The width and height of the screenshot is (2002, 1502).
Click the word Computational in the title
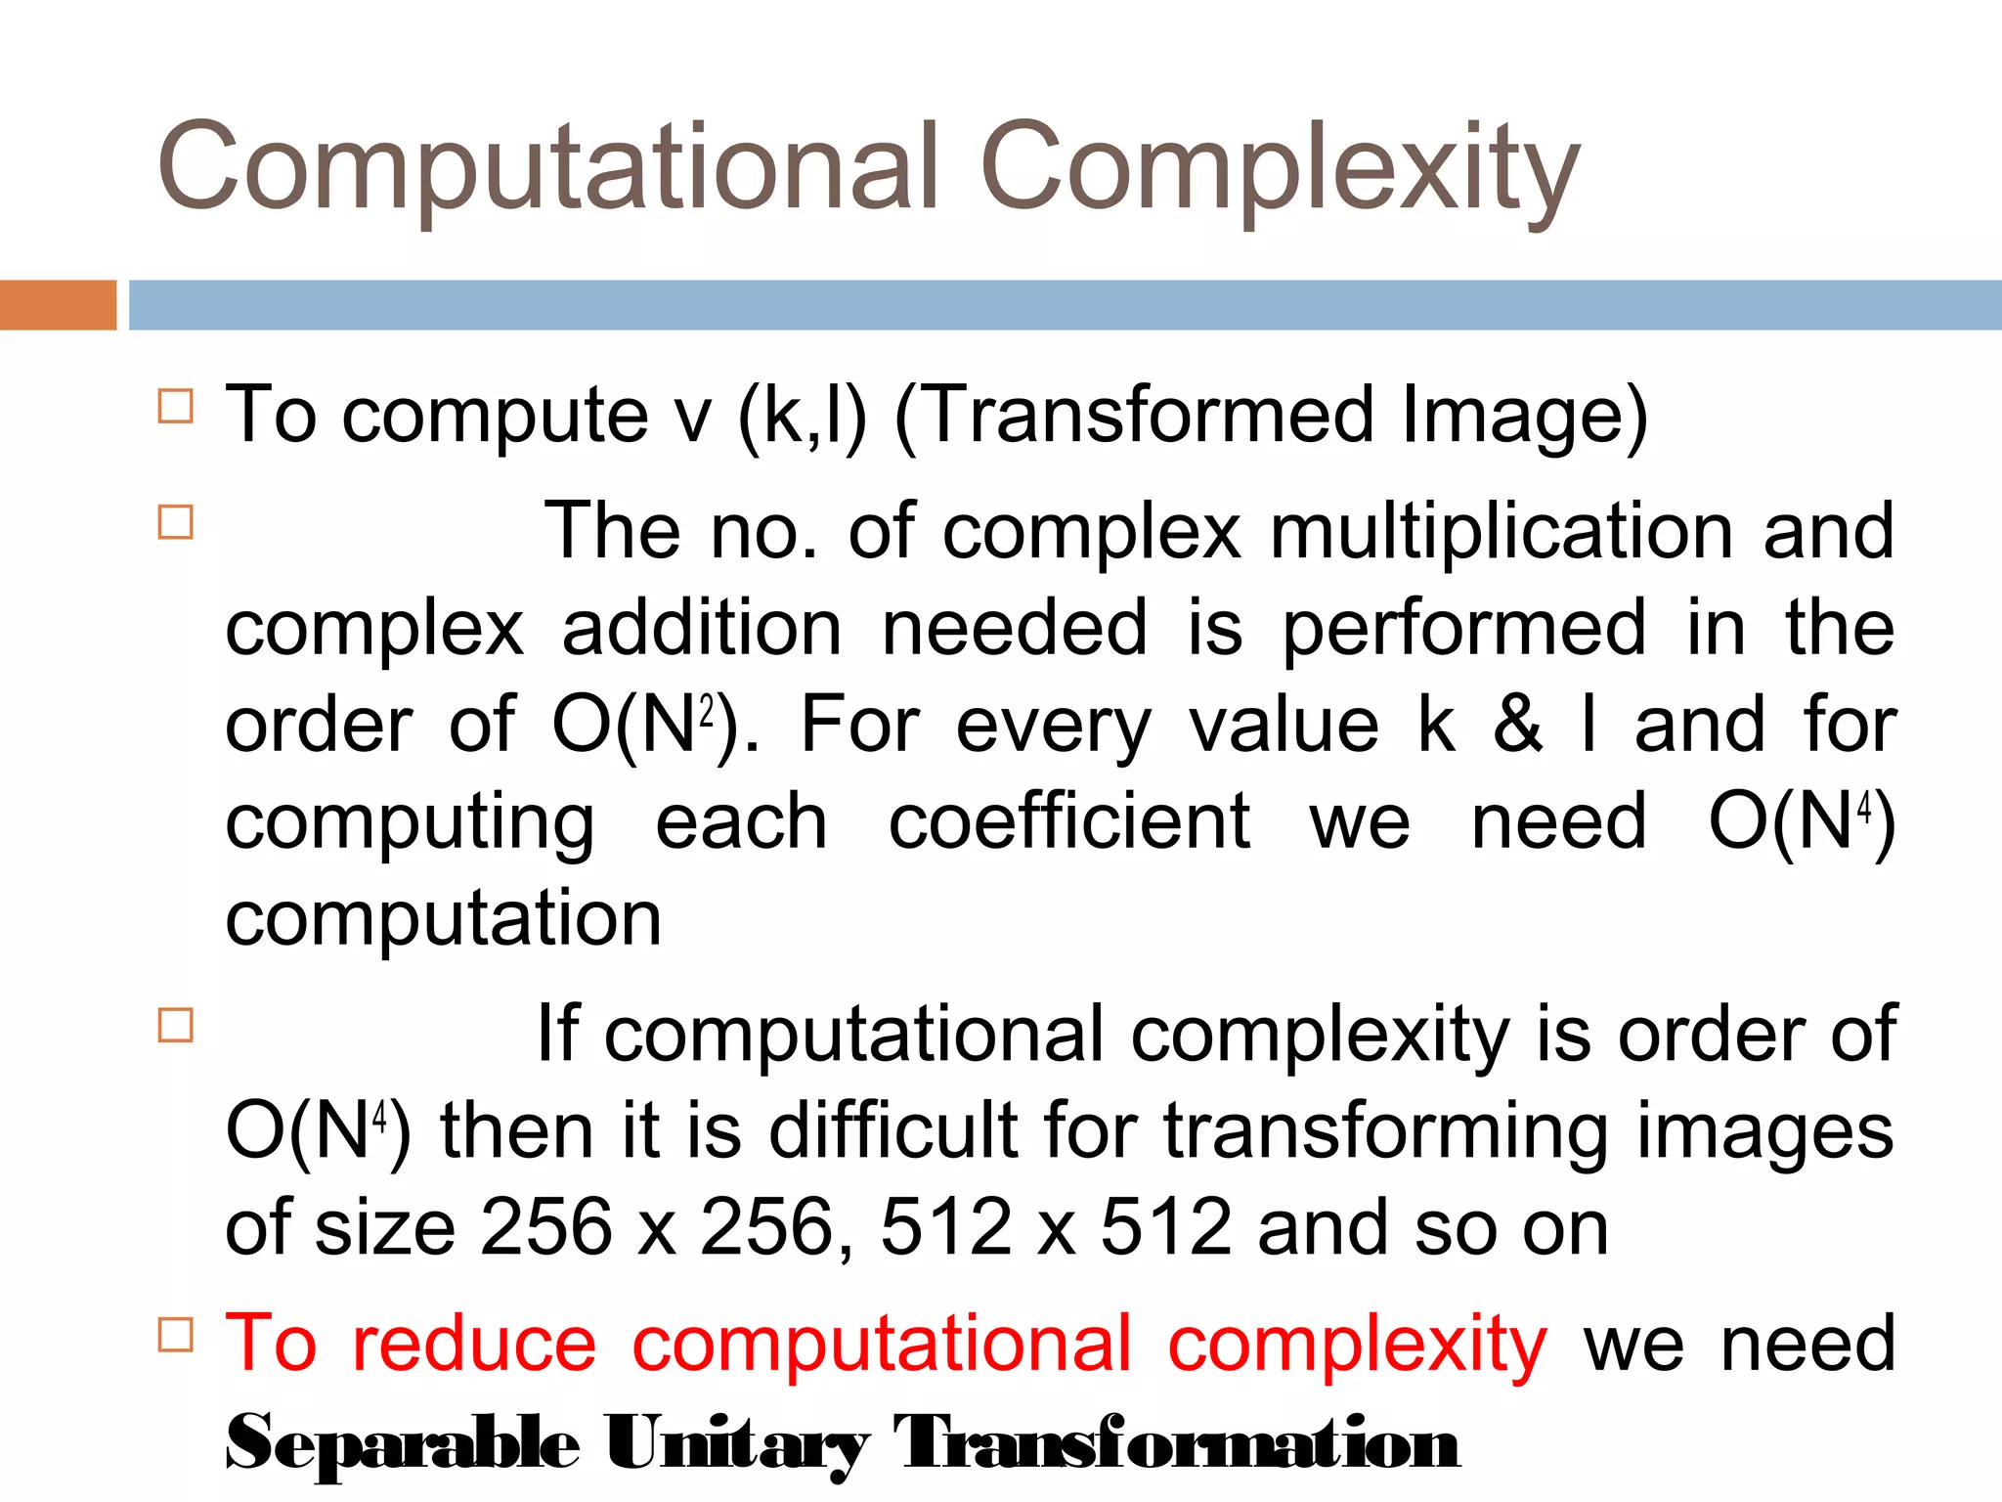click(547, 166)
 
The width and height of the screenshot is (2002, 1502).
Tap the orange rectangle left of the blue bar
click(58, 305)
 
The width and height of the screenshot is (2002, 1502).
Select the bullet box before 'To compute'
click(176, 405)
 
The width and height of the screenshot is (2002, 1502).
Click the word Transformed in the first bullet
click(1143, 415)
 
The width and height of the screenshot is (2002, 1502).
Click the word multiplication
click(1501, 531)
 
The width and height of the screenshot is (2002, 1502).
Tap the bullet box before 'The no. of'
click(176, 521)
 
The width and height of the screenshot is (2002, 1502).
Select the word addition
click(701, 628)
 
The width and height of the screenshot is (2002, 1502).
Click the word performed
click(1464, 628)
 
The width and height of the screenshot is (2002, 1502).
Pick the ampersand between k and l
click(1517, 725)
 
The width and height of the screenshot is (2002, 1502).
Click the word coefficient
click(1068, 821)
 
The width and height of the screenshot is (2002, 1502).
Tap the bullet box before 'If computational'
click(176, 1025)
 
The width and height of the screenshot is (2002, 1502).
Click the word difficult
click(893, 1131)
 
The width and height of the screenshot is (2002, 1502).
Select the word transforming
click(1385, 1131)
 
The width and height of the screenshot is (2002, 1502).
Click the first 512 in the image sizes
click(945, 1227)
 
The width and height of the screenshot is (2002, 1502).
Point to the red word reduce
click(474, 1343)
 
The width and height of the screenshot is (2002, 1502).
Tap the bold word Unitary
click(736, 1442)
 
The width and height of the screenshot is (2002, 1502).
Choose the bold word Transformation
click(1176, 1442)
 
